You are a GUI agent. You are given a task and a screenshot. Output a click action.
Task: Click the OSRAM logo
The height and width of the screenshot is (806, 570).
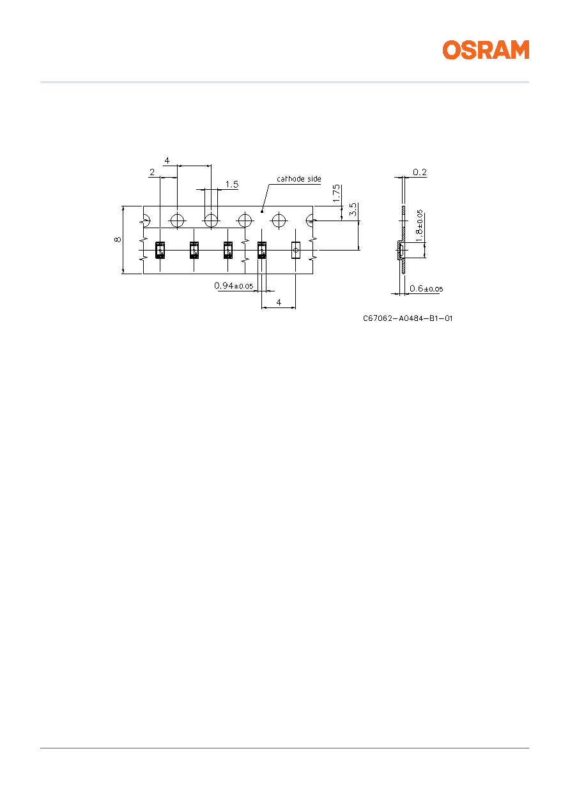pos(486,50)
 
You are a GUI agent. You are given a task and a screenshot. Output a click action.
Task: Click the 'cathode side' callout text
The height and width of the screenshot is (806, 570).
pos(299,179)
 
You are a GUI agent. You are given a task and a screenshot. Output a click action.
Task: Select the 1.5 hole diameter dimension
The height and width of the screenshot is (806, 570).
pos(231,185)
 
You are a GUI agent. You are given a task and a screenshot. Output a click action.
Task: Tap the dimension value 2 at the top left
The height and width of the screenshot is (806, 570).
pos(152,173)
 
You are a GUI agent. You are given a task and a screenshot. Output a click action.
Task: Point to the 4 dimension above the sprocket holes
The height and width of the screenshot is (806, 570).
pos(167,160)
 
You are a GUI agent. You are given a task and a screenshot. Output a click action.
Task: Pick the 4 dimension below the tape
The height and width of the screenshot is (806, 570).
pos(279,302)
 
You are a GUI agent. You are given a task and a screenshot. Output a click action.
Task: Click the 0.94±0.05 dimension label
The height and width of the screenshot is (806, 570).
pos(234,286)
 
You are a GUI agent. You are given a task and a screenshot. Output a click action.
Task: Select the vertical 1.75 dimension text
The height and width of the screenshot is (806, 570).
pos(336,193)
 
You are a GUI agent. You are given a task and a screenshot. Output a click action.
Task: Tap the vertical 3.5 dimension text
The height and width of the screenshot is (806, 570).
pos(353,210)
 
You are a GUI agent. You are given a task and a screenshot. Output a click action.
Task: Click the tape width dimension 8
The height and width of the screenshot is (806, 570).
pos(118,240)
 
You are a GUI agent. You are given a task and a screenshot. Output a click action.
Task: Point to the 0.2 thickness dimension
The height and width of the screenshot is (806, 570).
pos(420,173)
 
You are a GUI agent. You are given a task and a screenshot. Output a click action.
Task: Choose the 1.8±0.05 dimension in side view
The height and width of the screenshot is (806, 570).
pos(419,226)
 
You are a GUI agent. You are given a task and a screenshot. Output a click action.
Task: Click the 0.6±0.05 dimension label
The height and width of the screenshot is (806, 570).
pos(426,288)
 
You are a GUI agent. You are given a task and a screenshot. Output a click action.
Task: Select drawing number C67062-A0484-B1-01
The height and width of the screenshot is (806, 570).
pos(408,318)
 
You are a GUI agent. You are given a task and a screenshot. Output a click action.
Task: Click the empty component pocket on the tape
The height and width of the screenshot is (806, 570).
pos(296,250)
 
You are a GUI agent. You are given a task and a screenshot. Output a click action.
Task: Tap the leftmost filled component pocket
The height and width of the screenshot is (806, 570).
pos(160,250)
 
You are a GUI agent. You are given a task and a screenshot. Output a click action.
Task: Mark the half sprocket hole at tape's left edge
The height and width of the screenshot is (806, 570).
pos(147,221)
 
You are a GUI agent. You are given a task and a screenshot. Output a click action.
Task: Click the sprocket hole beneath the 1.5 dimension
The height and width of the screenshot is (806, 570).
pos(211,221)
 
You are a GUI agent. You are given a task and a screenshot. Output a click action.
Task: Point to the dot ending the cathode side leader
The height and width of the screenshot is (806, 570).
pos(262,212)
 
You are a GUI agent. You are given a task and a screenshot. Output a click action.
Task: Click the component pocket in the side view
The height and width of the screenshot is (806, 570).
pos(400,250)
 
